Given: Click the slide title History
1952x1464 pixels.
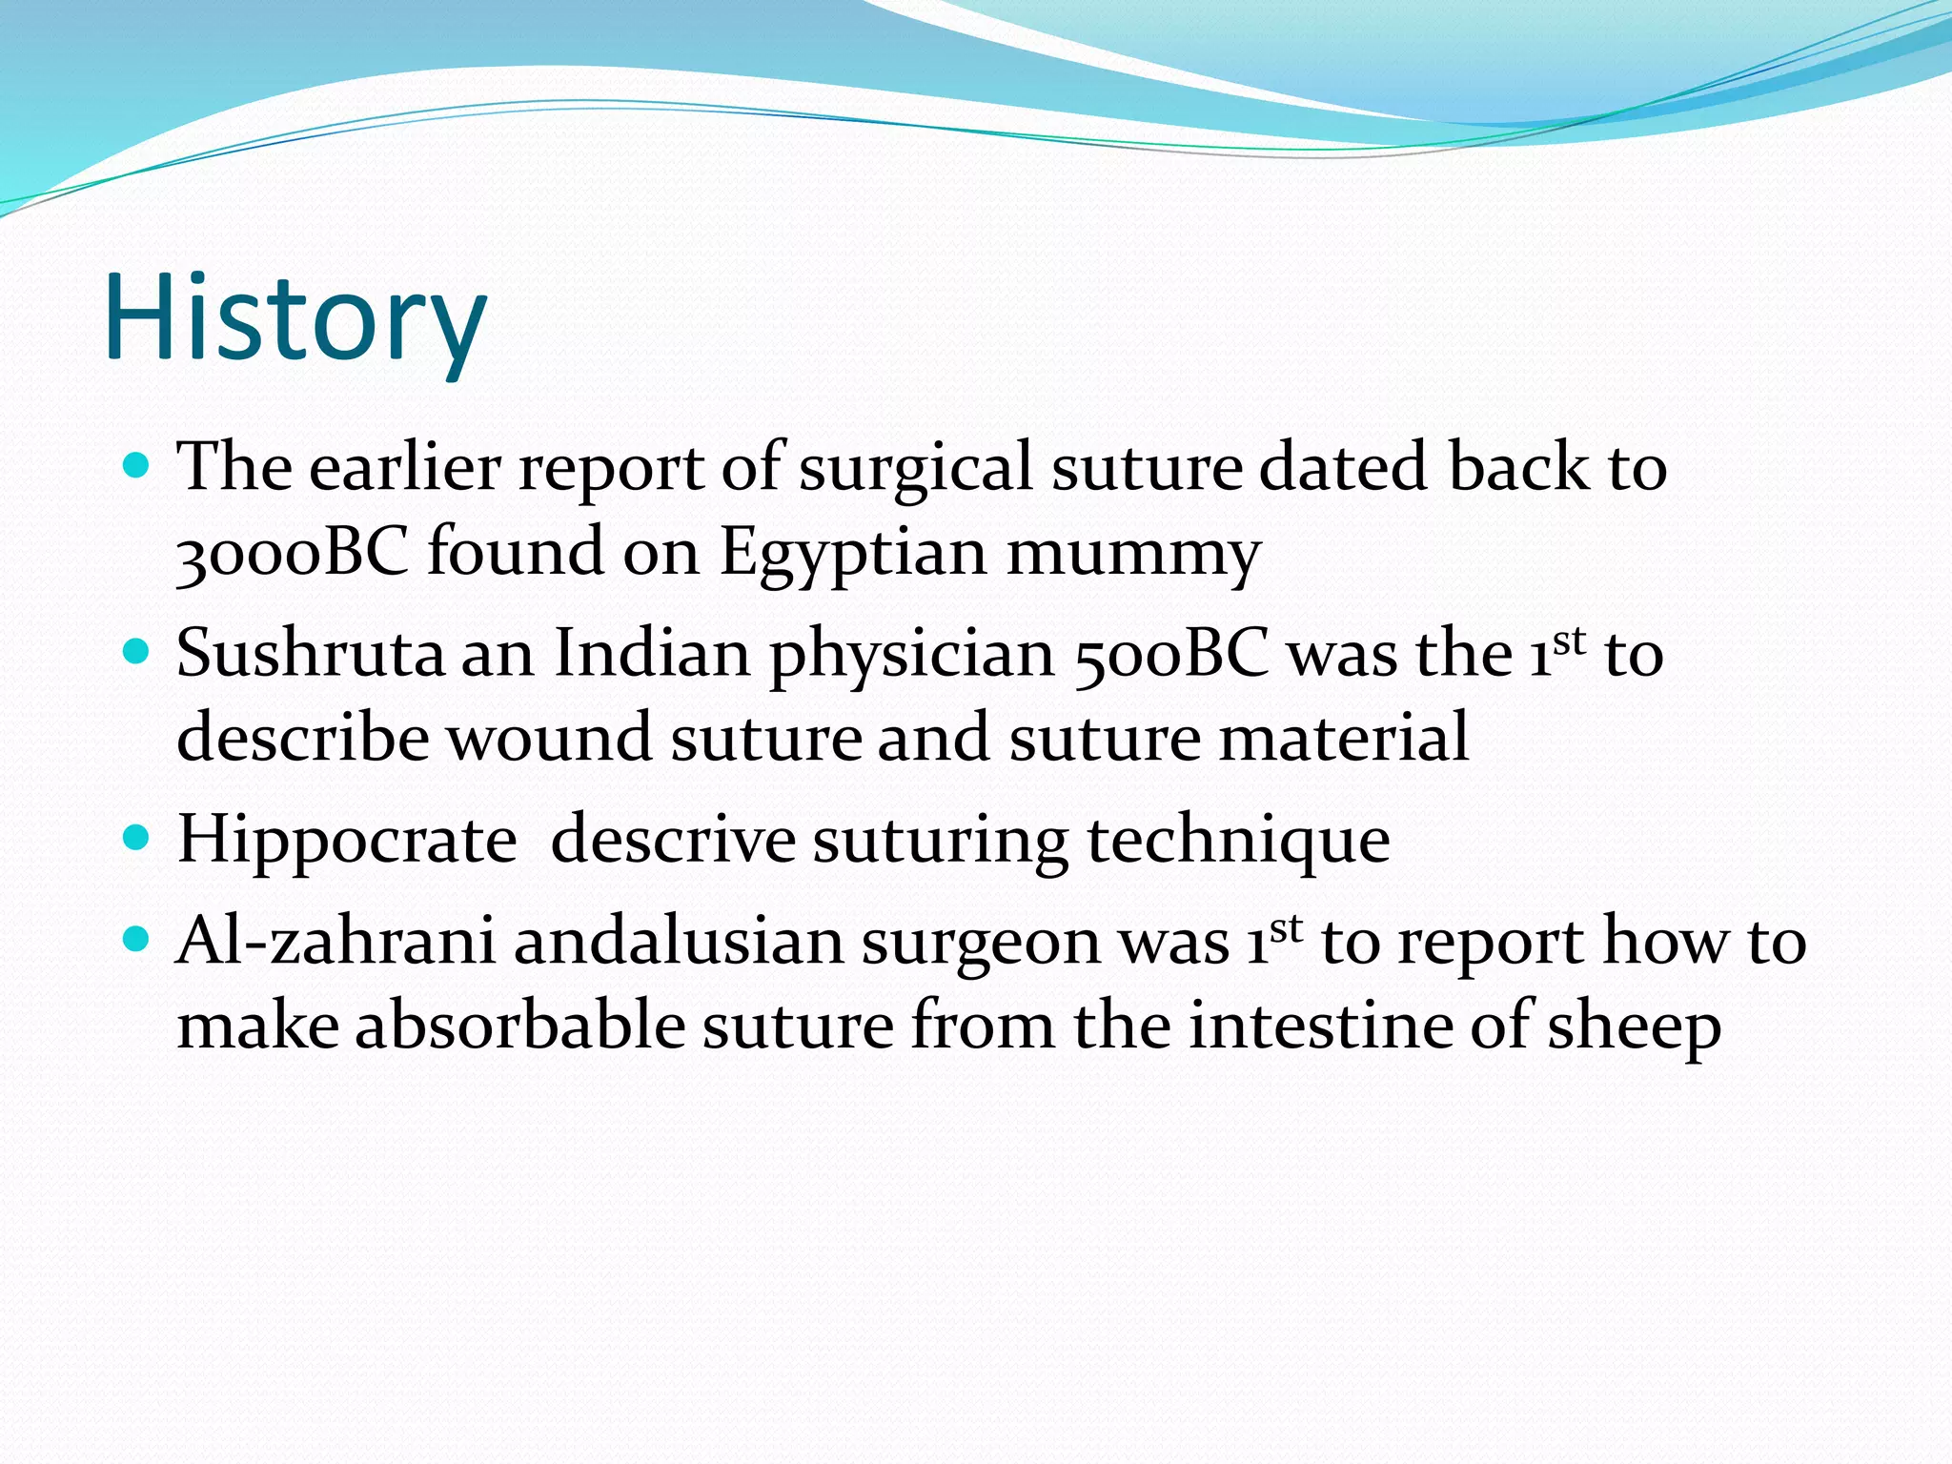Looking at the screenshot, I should (x=295, y=319).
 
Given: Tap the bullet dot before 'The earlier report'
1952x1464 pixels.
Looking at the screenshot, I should (x=138, y=466).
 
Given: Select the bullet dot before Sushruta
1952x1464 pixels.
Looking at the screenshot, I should (x=138, y=652).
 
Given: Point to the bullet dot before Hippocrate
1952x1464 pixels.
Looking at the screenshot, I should (x=138, y=838).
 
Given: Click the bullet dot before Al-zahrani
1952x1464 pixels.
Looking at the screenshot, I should (x=138, y=940).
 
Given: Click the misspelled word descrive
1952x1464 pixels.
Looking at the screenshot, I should (x=673, y=840).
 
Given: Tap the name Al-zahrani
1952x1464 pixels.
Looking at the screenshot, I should (x=336, y=942).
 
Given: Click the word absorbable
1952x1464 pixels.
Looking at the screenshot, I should (x=520, y=1027).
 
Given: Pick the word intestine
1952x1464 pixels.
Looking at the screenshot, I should (x=1320, y=1027).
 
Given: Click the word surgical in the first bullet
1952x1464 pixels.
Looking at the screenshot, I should (x=916, y=469).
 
